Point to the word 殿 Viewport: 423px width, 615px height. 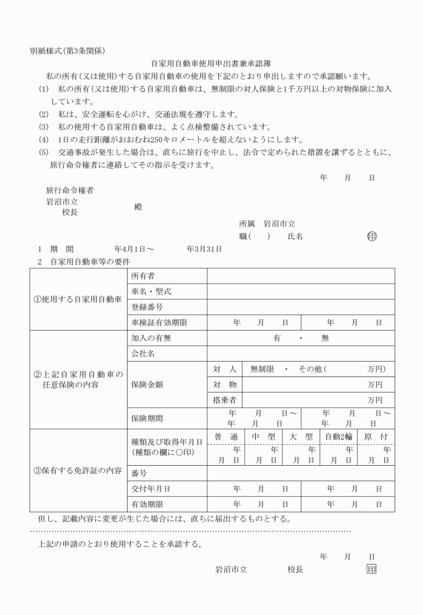point(139,207)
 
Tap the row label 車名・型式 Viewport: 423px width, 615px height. point(150,292)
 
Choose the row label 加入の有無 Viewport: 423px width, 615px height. point(150,339)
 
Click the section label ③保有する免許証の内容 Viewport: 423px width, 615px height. point(78,470)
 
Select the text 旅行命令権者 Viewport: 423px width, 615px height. point(69,190)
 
